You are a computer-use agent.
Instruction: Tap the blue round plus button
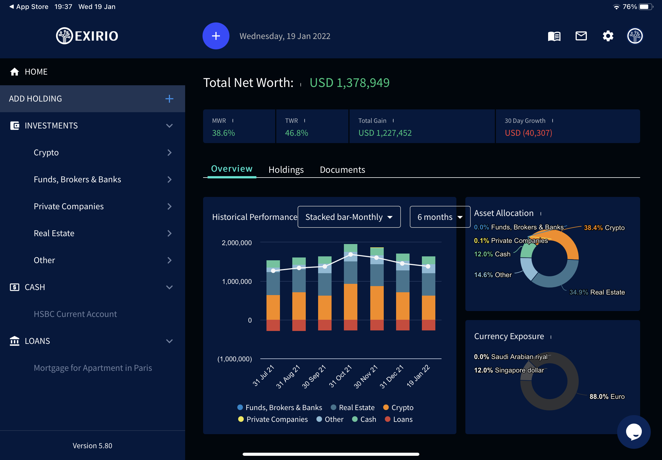point(216,36)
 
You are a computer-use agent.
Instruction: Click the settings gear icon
point(608,36)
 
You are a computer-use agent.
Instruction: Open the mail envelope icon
point(581,36)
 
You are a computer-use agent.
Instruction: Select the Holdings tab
point(286,170)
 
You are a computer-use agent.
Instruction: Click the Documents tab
point(342,170)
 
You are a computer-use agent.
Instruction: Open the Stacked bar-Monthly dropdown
point(349,217)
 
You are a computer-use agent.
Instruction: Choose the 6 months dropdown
point(440,217)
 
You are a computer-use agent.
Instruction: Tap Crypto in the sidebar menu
point(46,153)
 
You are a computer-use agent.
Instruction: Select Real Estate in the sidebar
point(54,233)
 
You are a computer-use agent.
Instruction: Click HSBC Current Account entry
point(75,314)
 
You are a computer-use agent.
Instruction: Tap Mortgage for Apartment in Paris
point(93,368)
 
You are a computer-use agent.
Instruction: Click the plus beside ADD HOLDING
point(169,99)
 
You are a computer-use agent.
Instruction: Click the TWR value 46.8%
point(296,133)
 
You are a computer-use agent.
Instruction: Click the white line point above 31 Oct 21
point(350,254)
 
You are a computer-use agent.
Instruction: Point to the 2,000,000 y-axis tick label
point(237,243)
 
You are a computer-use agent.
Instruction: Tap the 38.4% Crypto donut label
point(604,228)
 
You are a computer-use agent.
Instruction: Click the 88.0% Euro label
point(607,397)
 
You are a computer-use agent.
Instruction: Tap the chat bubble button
point(633,431)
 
